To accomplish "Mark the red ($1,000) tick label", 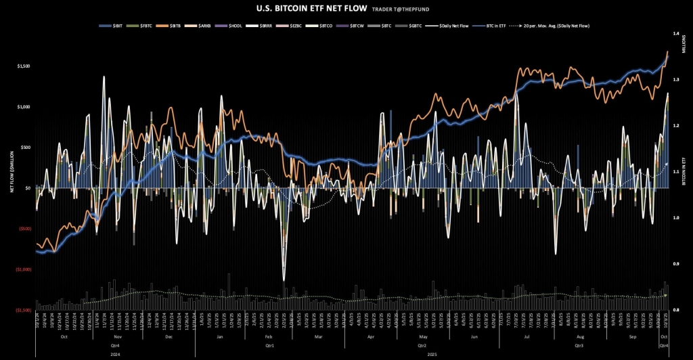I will pos(24,269).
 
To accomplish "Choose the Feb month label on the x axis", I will pos(268,336).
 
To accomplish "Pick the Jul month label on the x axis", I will pos(526,336).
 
